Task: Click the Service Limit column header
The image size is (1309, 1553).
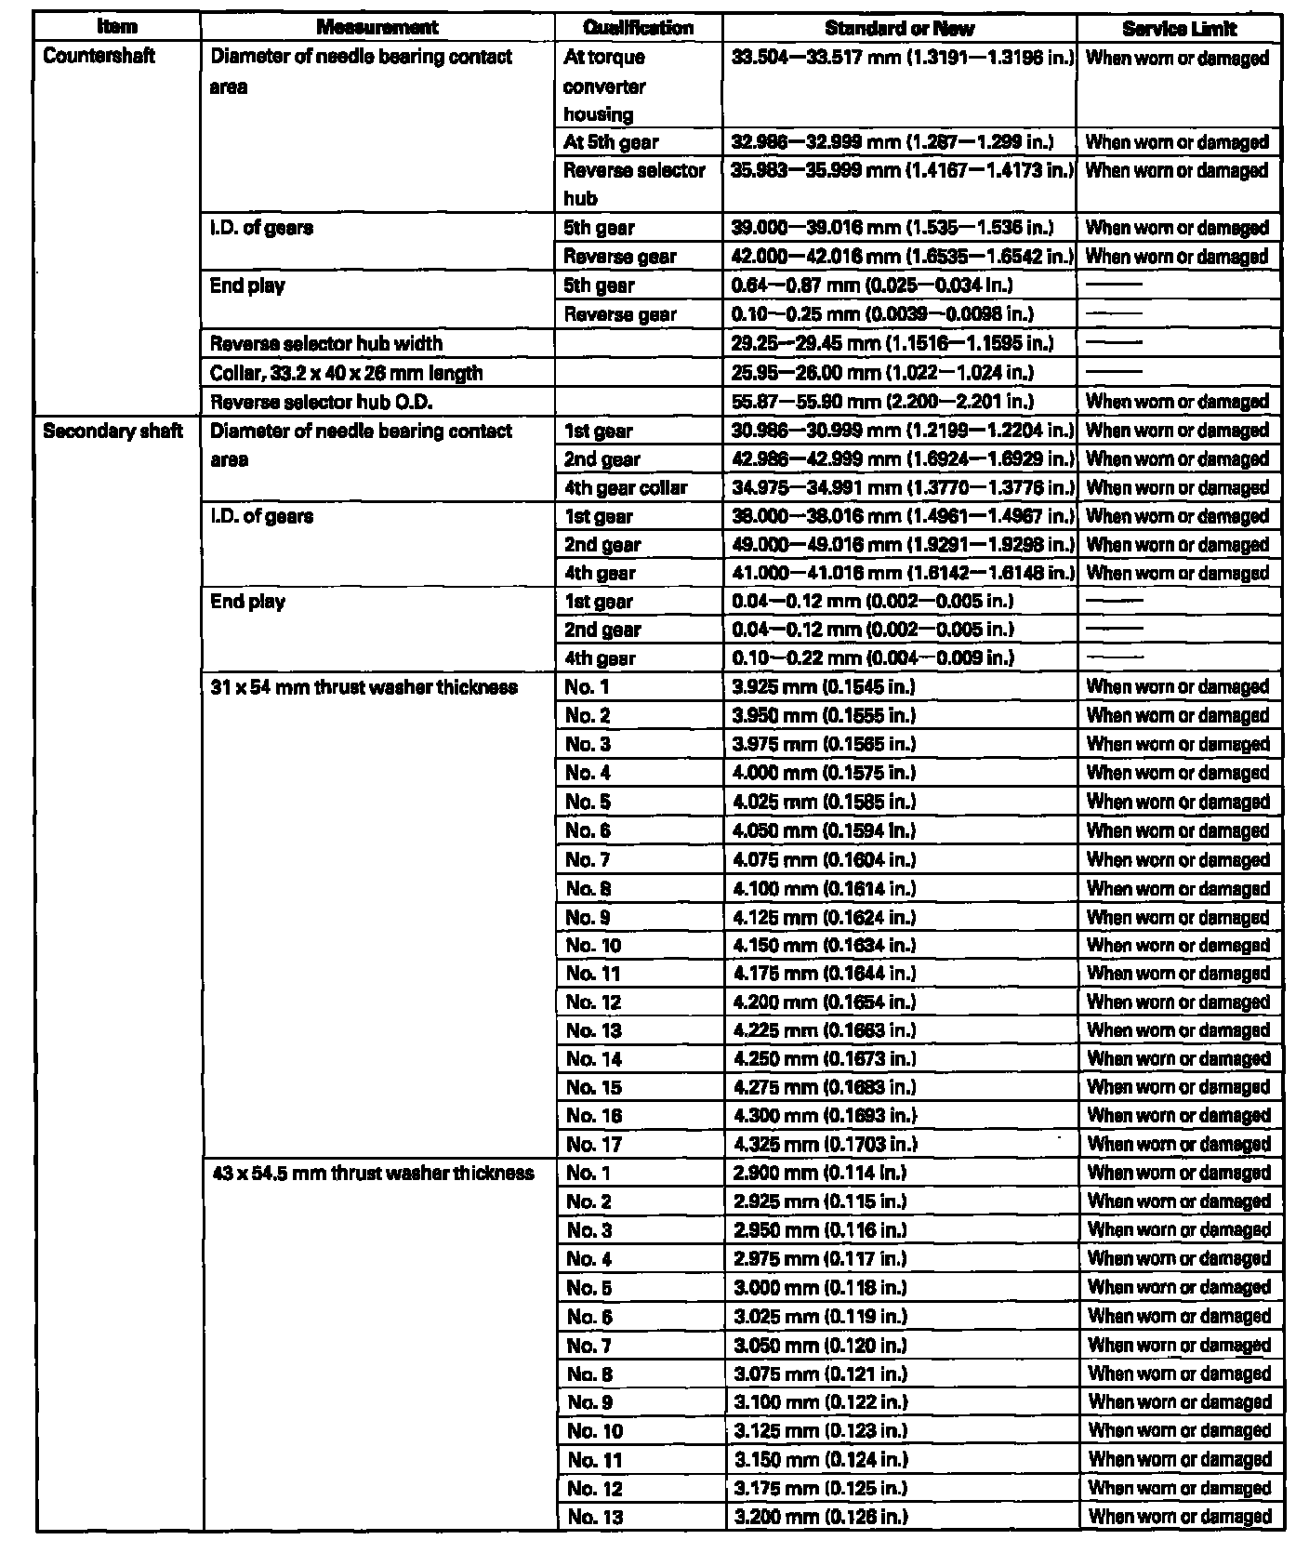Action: pyautogui.click(x=1179, y=28)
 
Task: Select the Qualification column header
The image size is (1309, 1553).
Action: pyautogui.click(x=638, y=28)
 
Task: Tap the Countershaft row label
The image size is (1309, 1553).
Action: pyautogui.click(x=99, y=57)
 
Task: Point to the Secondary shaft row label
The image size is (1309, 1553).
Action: pyautogui.click(x=112, y=431)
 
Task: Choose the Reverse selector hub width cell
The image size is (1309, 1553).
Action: pyautogui.click(x=326, y=344)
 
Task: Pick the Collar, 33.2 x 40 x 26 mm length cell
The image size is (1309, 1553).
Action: pyautogui.click(x=346, y=374)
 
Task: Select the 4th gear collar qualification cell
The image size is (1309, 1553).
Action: pyautogui.click(x=626, y=488)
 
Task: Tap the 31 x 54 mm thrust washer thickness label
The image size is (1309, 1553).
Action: pyautogui.click(x=364, y=688)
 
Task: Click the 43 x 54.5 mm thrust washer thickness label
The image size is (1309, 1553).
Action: pyautogui.click(x=373, y=1174)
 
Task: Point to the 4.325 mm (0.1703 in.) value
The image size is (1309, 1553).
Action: pyautogui.click(x=824, y=1145)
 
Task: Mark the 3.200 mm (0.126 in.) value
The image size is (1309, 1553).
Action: pyautogui.click(x=820, y=1517)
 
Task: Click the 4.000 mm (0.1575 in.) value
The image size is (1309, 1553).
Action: pyautogui.click(x=824, y=773)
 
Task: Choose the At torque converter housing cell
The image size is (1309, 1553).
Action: pyautogui.click(x=605, y=86)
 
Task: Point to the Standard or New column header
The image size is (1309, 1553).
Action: pyautogui.click(x=899, y=28)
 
